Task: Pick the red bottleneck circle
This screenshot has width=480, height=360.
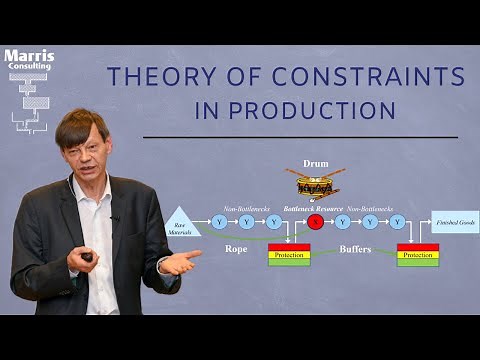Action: (x=316, y=221)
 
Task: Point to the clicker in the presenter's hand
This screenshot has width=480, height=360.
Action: (x=87, y=257)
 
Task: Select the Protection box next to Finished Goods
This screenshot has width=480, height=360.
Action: (x=417, y=255)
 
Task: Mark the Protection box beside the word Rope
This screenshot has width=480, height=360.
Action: (x=288, y=255)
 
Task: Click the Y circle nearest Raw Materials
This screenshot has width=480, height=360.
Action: (x=220, y=221)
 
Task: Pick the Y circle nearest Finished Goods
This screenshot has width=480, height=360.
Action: (x=398, y=221)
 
